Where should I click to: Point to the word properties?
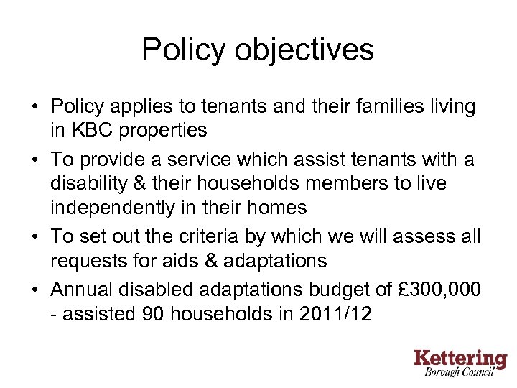click(x=166, y=130)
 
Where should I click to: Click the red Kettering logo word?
click(x=460, y=359)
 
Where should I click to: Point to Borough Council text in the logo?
click(x=465, y=374)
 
